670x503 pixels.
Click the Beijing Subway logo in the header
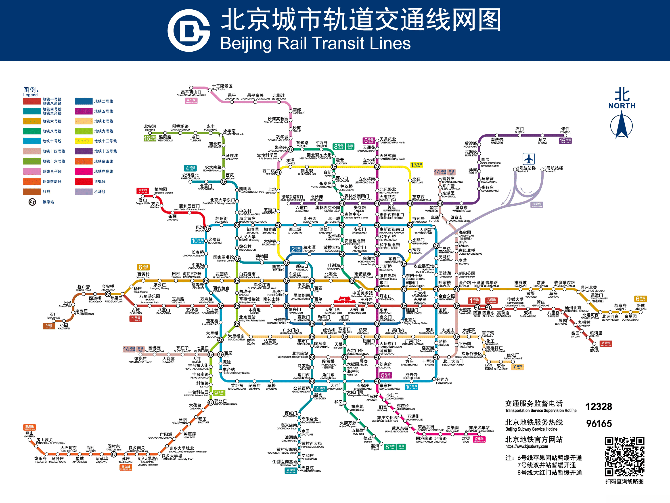pos(189,30)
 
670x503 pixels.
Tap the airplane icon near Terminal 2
pos(529,159)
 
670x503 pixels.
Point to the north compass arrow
pos(622,124)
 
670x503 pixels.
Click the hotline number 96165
pos(599,424)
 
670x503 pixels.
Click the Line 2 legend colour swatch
pos(84,101)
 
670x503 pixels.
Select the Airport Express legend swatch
pos(84,192)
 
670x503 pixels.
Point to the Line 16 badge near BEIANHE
pos(150,138)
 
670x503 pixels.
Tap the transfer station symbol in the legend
pos(32,202)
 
